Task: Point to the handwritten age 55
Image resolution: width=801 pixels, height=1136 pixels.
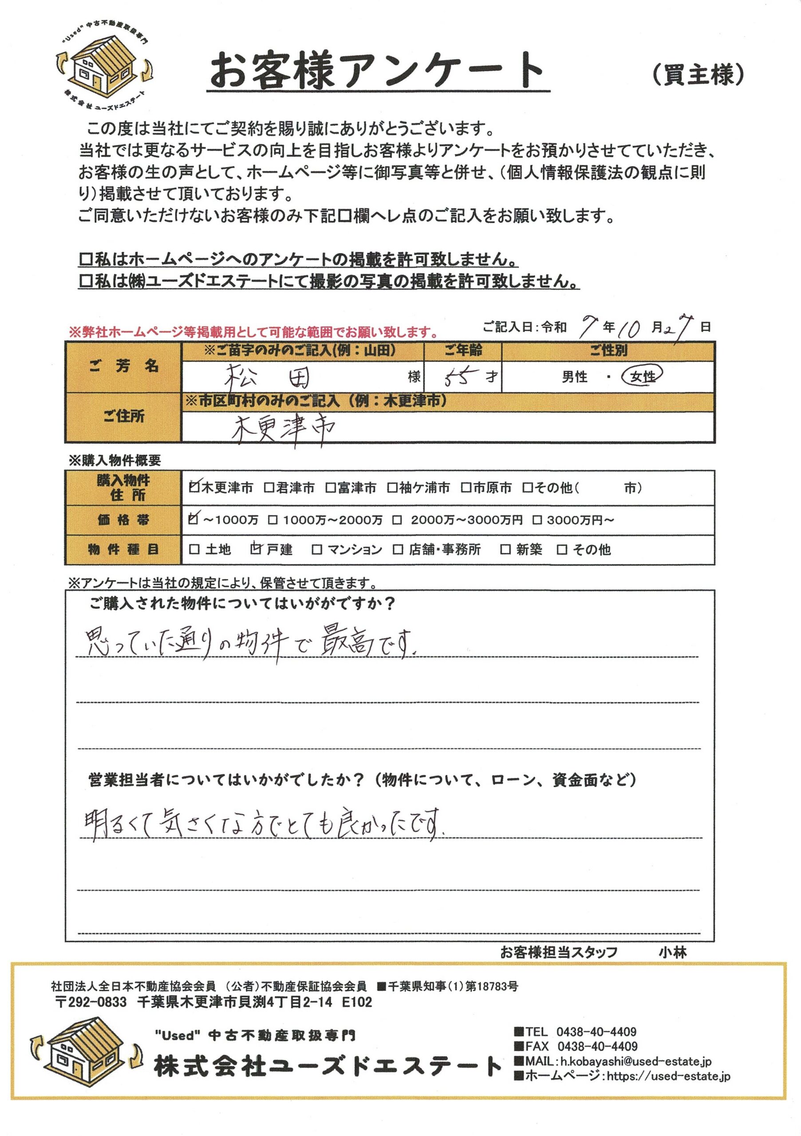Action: [x=456, y=378]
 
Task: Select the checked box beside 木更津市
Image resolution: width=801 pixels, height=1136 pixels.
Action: [x=194, y=487]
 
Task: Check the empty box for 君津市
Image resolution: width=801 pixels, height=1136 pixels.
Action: [x=268, y=488]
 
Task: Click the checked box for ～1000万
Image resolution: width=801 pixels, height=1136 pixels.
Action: [x=194, y=519]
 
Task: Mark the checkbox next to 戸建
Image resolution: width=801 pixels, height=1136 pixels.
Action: [x=255, y=549]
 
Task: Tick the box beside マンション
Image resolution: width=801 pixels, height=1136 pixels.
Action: [x=317, y=549]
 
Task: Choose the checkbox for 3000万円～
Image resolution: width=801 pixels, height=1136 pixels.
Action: [x=537, y=520]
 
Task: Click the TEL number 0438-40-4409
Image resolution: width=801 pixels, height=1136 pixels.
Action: [x=596, y=1032]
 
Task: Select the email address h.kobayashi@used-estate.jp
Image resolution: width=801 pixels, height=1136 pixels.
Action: [x=635, y=1061]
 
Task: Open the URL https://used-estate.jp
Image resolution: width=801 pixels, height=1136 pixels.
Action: [x=668, y=1076]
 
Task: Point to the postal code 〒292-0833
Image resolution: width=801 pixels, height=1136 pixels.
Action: [x=91, y=1002]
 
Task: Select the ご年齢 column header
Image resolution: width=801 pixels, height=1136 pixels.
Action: [x=462, y=350]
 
